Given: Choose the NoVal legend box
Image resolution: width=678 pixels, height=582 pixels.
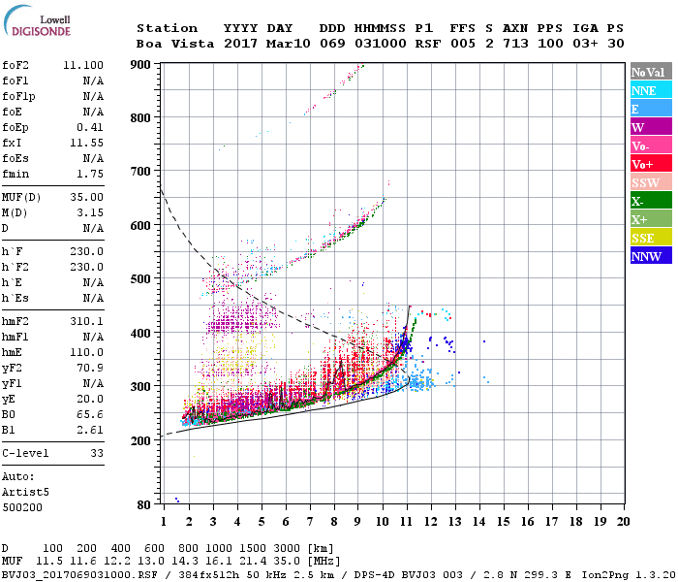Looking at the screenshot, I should click(648, 72).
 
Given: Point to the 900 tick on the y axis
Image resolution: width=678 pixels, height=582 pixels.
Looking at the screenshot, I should click(142, 64).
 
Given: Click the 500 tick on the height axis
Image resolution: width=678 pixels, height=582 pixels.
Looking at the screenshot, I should click(142, 278).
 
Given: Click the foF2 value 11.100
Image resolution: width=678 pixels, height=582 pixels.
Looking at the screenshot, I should click(83, 63).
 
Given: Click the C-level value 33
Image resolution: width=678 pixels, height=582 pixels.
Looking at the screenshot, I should click(97, 452).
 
